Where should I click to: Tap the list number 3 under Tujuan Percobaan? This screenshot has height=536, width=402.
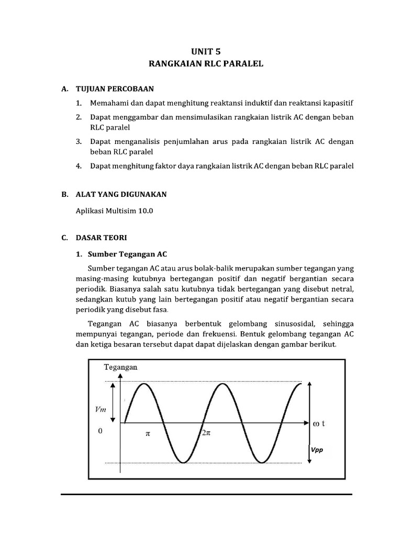(79, 142)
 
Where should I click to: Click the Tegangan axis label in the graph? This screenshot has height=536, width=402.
(121, 367)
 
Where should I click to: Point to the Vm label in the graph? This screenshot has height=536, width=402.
(100, 409)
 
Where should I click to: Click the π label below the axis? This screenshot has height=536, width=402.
(147, 434)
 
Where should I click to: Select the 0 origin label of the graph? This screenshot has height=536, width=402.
(100, 432)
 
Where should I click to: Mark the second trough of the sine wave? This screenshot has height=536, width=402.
(262, 462)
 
